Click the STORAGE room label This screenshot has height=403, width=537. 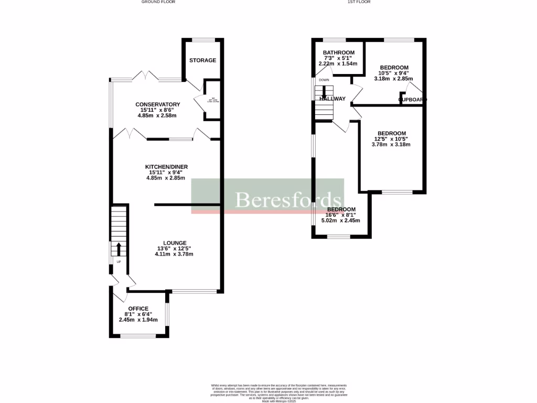pos(202,60)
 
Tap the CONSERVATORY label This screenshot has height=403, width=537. pos(158,104)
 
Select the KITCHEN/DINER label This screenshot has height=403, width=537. pos(166,167)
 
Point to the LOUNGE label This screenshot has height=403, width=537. pos(174,243)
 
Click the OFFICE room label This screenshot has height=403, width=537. pos(138,309)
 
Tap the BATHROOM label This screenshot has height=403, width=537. pos(338,53)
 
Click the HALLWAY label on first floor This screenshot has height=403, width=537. pos(332,99)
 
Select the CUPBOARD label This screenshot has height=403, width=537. pos(413,99)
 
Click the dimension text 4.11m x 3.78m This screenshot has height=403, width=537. pos(174,254)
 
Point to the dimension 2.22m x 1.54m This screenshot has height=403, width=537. pos(338,63)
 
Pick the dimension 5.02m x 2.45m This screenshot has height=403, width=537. pos(340,221)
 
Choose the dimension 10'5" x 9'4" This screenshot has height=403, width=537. pos(394,73)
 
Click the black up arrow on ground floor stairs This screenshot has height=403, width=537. pos(118,249)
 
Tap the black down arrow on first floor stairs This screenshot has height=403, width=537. pos(324,91)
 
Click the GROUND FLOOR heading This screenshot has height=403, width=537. pos(158,2)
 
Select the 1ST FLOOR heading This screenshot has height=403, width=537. pos(360,2)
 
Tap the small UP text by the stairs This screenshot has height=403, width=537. pos(118,261)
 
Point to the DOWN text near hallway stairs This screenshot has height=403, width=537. pos(324,80)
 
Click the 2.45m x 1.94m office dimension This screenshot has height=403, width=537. pos(138,320)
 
